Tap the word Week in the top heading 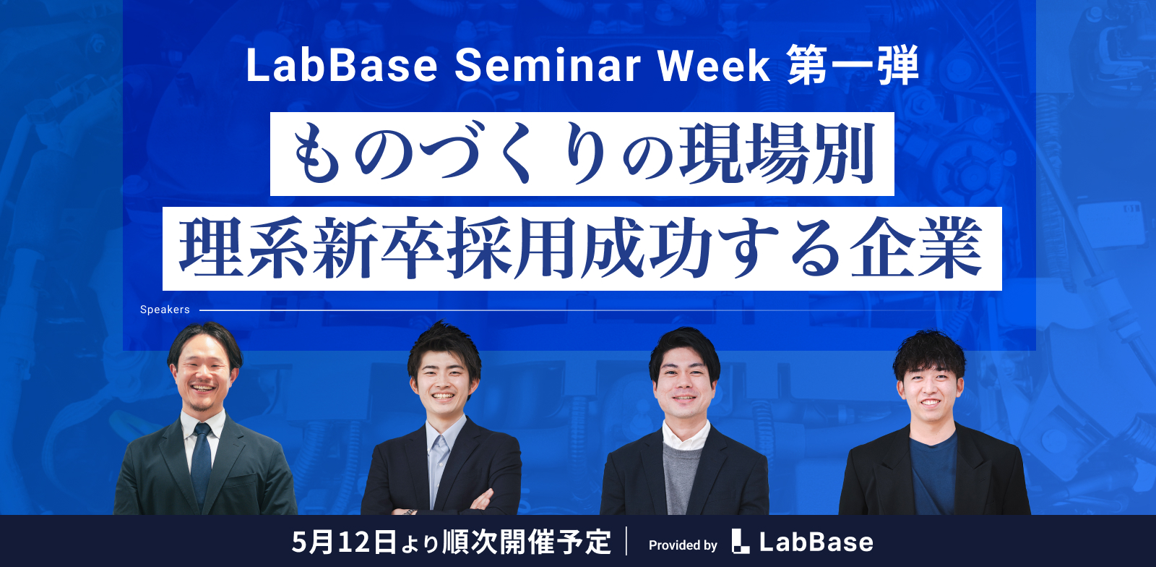click(x=715, y=66)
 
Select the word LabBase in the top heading click(x=342, y=66)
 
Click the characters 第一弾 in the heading click(x=853, y=66)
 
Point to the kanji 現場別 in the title click(x=777, y=154)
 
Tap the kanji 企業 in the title click(x=916, y=248)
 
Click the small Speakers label click(x=165, y=310)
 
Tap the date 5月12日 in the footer click(x=344, y=542)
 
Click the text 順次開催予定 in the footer click(x=527, y=542)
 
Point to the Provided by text click(x=683, y=545)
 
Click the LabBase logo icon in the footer click(x=741, y=541)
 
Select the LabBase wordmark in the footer click(x=816, y=542)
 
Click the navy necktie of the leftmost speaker click(x=201, y=462)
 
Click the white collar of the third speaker click(x=686, y=436)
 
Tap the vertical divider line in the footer click(x=626, y=541)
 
